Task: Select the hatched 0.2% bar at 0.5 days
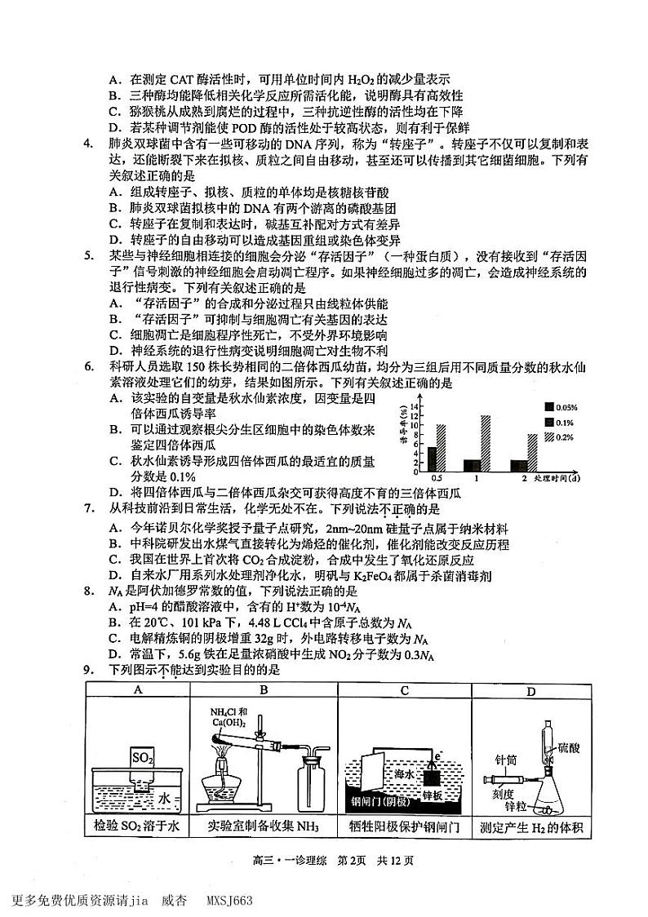click(x=442, y=449)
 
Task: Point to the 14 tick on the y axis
click(x=415, y=405)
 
